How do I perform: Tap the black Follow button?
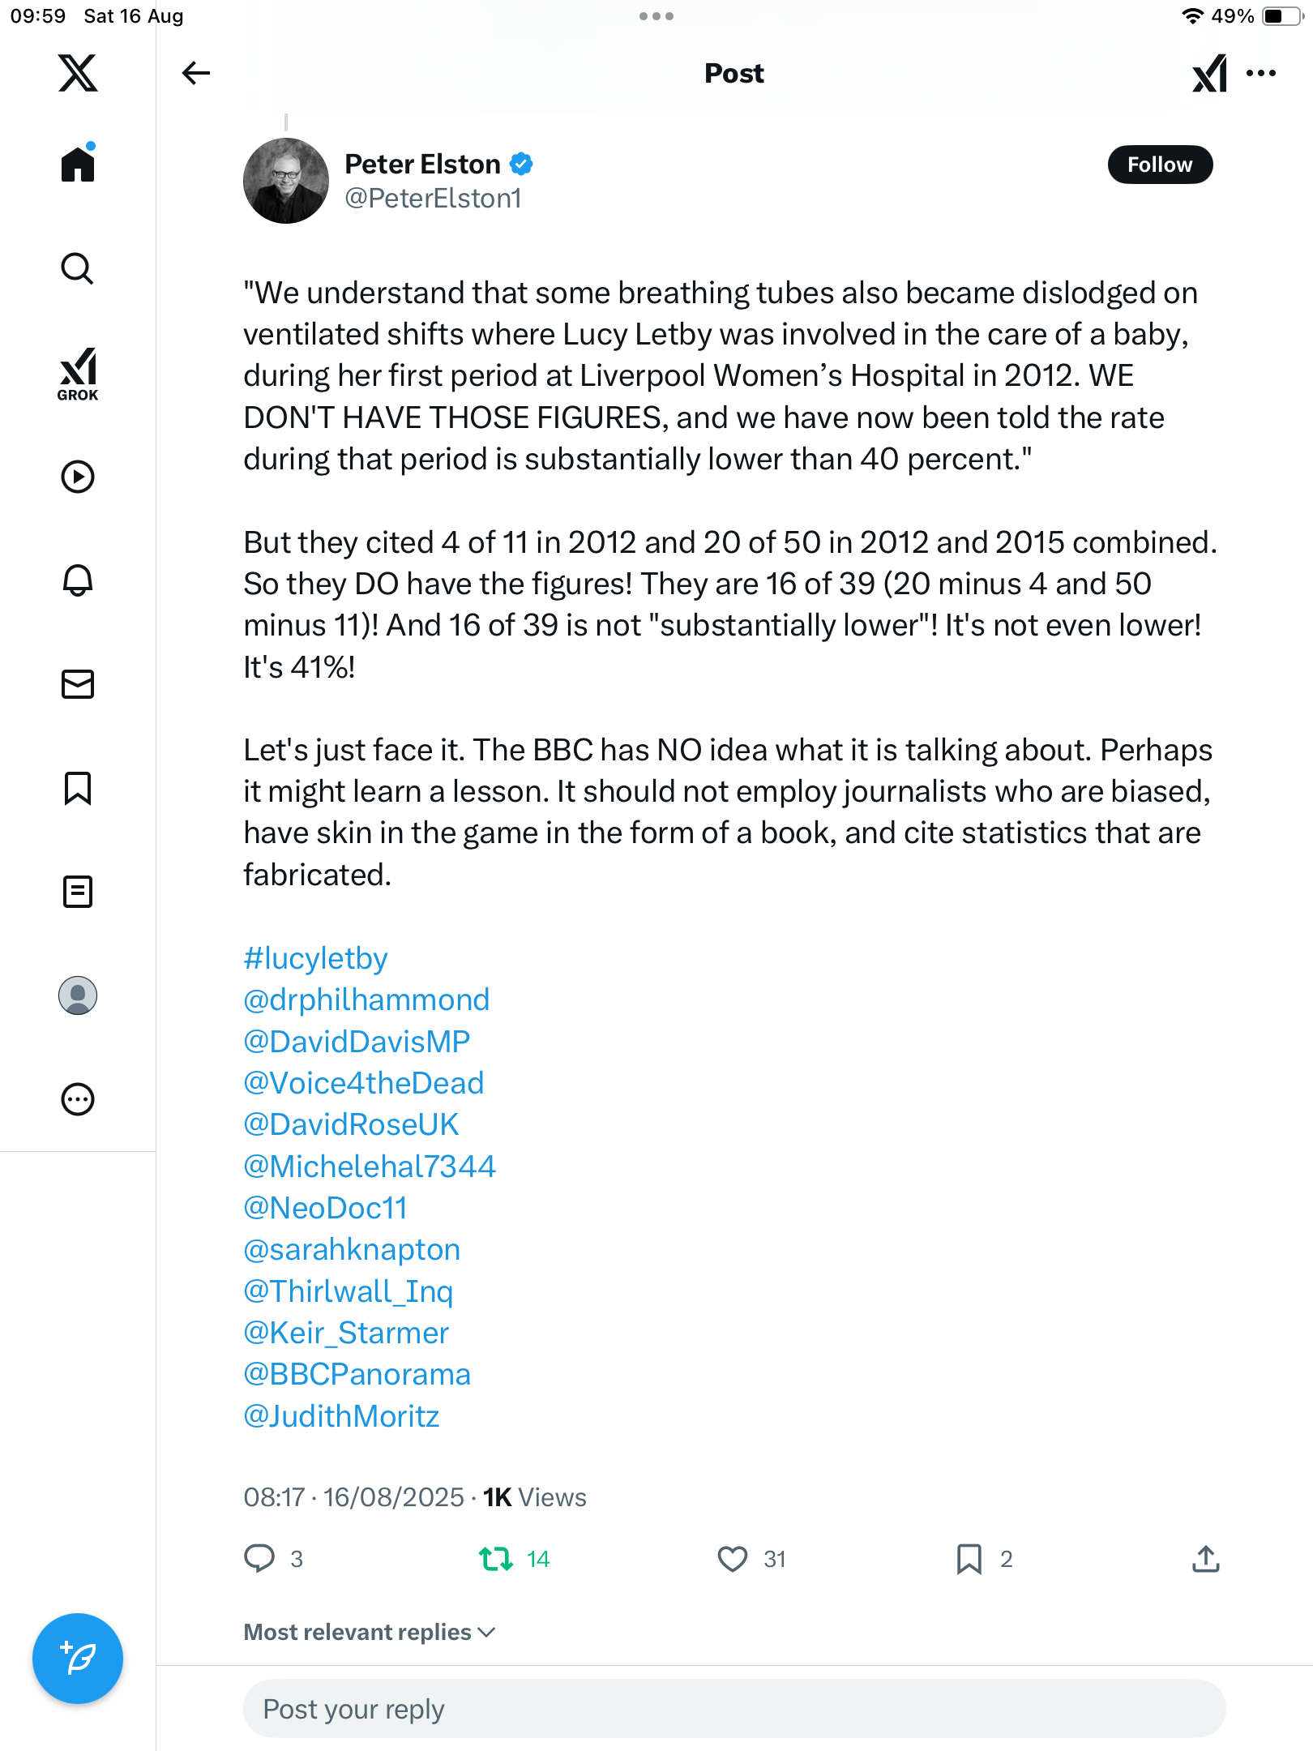pos(1159,165)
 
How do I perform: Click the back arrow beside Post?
pos(195,73)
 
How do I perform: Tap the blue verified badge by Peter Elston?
pos(521,164)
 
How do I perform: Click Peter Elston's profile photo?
pos(285,181)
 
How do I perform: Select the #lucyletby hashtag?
pos(315,958)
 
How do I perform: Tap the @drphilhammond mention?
pos(366,1000)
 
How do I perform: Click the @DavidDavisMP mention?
pos(357,1042)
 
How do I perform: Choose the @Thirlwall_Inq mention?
pos(348,1291)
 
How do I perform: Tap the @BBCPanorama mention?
pos(357,1374)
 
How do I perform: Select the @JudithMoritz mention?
pos(341,1416)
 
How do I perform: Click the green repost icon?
pos(495,1558)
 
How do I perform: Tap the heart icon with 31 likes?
pos(733,1559)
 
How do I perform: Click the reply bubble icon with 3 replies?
pos(259,1558)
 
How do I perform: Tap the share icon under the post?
pos(1206,1558)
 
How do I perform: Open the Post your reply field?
pos(733,1709)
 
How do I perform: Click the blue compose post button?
pos(78,1659)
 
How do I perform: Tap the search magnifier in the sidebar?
pos(78,268)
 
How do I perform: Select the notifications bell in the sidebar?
pos(78,580)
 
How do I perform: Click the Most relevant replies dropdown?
pos(370,1632)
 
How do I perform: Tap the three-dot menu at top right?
pos(1261,73)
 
